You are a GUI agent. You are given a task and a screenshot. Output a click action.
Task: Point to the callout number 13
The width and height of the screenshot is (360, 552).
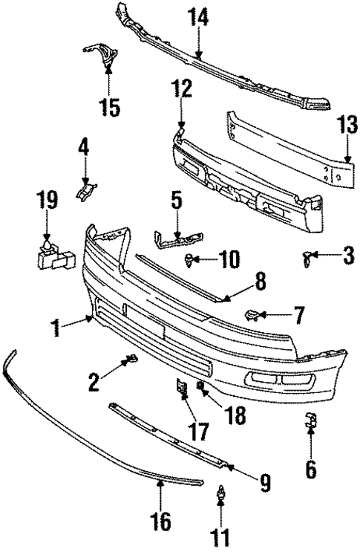[x=346, y=124]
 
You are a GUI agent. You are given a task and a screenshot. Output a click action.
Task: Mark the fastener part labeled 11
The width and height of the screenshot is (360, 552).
[x=220, y=494]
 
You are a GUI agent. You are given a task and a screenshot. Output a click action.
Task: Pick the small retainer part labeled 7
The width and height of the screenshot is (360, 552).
[x=252, y=315]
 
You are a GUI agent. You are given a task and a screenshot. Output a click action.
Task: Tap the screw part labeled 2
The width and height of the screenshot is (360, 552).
[x=131, y=360]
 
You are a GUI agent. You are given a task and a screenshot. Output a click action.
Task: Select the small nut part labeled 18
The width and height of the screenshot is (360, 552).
[x=201, y=386]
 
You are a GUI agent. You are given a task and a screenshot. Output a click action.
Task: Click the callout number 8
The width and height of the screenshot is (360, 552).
[x=259, y=282]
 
